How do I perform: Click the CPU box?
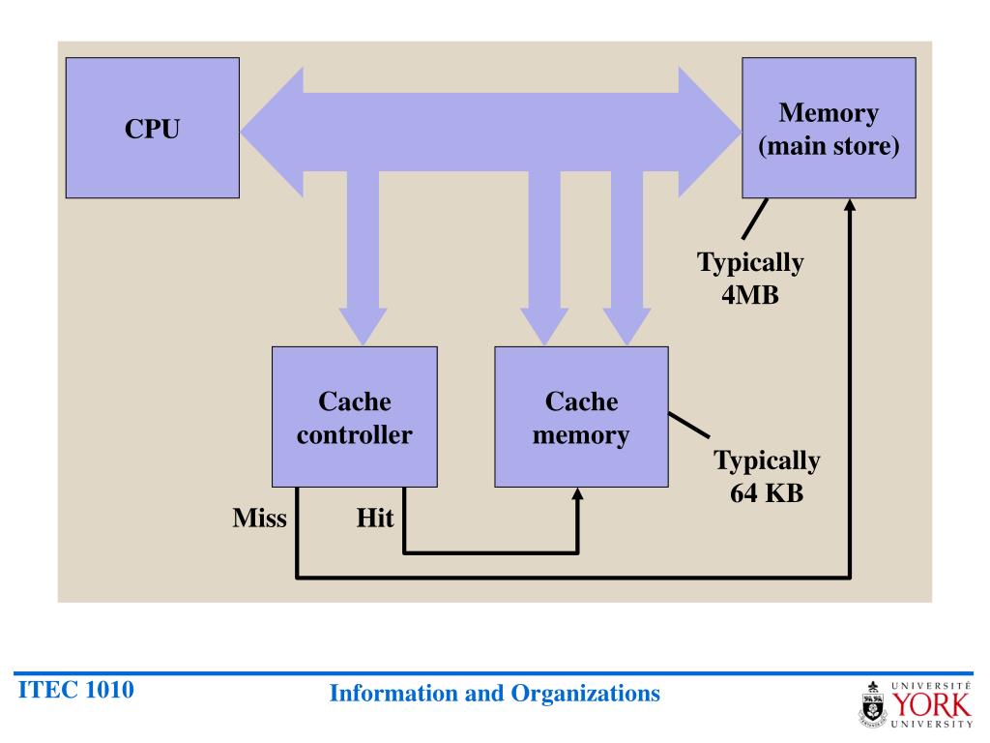tap(152, 129)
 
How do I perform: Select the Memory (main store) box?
tap(829, 129)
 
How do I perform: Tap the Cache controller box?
tap(354, 417)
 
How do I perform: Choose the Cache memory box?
tap(581, 417)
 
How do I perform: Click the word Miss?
tap(260, 519)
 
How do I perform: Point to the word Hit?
tap(375, 519)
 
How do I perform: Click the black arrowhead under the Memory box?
tap(851, 206)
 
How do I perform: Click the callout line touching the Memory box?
tap(755, 219)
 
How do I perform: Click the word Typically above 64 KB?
tap(767, 461)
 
